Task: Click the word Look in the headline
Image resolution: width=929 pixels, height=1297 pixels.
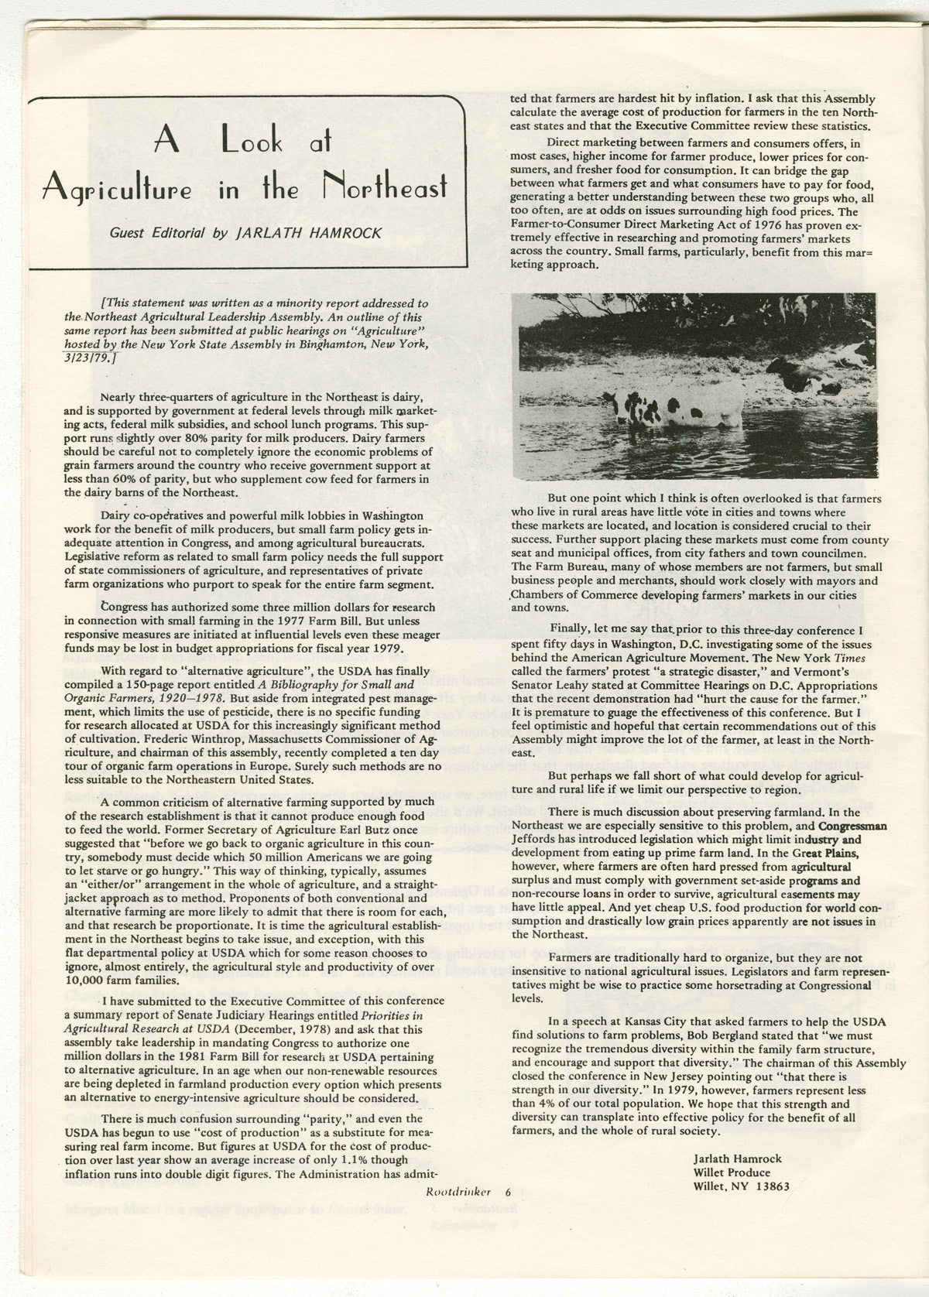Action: pyautogui.click(x=262, y=142)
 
